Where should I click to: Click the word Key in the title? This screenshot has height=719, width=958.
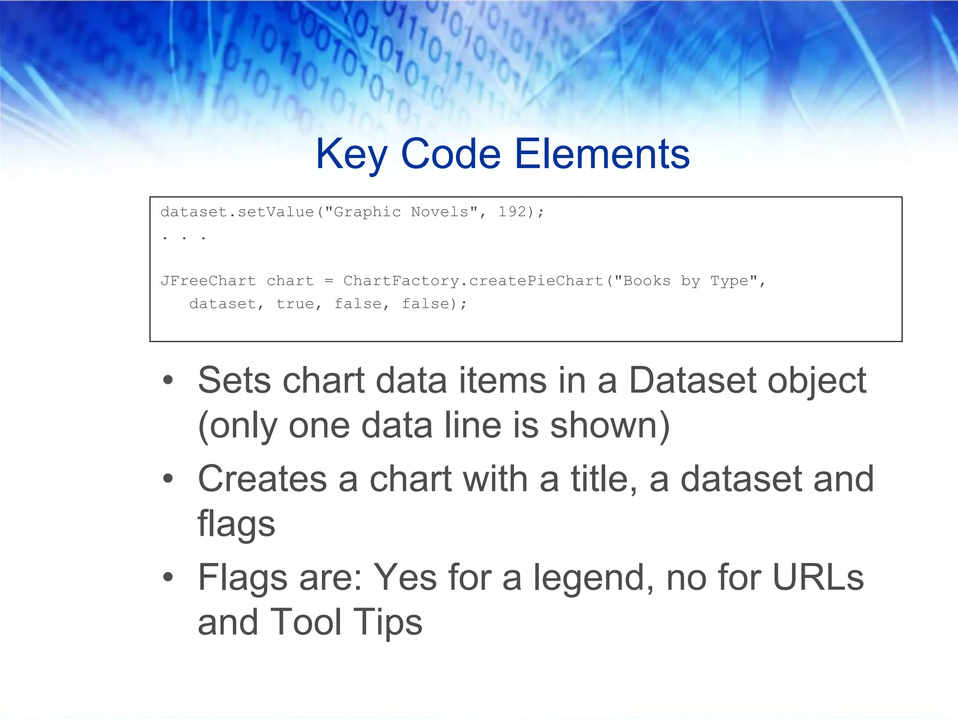tap(351, 155)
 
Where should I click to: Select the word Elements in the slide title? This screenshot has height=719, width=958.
tap(602, 154)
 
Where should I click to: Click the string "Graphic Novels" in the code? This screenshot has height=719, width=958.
tap(401, 212)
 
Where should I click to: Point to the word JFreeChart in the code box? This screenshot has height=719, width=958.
tap(208, 281)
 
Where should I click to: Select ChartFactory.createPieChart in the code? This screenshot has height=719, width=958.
tap(473, 281)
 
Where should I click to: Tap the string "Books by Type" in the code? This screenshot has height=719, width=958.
tap(686, 281)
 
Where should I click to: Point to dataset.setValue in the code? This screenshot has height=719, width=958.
tap(237, 212)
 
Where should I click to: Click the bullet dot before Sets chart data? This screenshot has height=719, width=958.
tap(168, 381)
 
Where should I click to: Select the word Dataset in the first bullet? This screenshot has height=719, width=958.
tap(692, 381)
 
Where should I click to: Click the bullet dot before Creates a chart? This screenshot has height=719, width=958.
tap(168, 479)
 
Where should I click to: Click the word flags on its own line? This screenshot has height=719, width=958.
tap(236, 524)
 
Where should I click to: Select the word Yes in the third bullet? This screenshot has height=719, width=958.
tap(406, 578)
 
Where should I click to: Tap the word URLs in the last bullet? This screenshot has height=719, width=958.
tap(818, 578)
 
